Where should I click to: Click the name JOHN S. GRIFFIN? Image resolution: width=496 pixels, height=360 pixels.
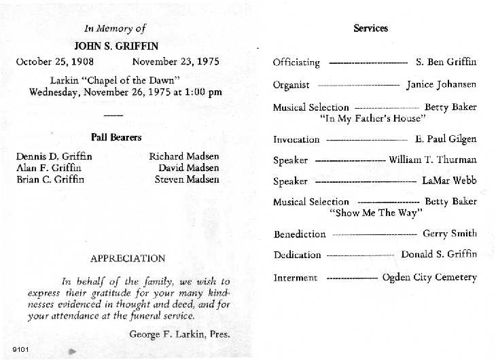[116, 46]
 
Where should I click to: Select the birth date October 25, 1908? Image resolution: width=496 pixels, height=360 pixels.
[55, 62]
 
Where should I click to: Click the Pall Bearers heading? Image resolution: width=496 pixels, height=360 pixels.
[116, 137]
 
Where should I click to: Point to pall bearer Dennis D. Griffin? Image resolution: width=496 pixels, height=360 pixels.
[54, 156]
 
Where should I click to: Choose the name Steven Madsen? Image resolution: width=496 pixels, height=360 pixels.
[187, 179]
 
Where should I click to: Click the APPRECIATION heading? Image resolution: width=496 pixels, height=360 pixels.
[128, 258]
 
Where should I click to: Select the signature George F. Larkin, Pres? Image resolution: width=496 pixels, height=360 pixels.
[179, 334]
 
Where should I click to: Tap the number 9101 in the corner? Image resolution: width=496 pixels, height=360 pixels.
[20, 350]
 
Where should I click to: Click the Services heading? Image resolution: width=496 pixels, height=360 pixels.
[371, 29]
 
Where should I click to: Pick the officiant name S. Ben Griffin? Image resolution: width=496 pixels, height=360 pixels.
[446, 62]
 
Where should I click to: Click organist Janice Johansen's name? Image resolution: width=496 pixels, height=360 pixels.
[442, 85]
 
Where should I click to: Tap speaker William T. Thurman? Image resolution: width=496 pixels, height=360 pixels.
[433, 160]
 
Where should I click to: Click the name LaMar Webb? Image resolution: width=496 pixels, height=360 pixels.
[449, 181]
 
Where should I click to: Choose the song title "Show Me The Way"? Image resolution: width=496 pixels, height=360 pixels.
[376, 213]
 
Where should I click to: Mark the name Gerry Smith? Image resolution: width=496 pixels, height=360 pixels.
[450, 234]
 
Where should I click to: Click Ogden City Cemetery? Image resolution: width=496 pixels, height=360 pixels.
[429, 277]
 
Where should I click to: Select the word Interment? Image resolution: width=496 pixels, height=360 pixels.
[295, 278]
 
